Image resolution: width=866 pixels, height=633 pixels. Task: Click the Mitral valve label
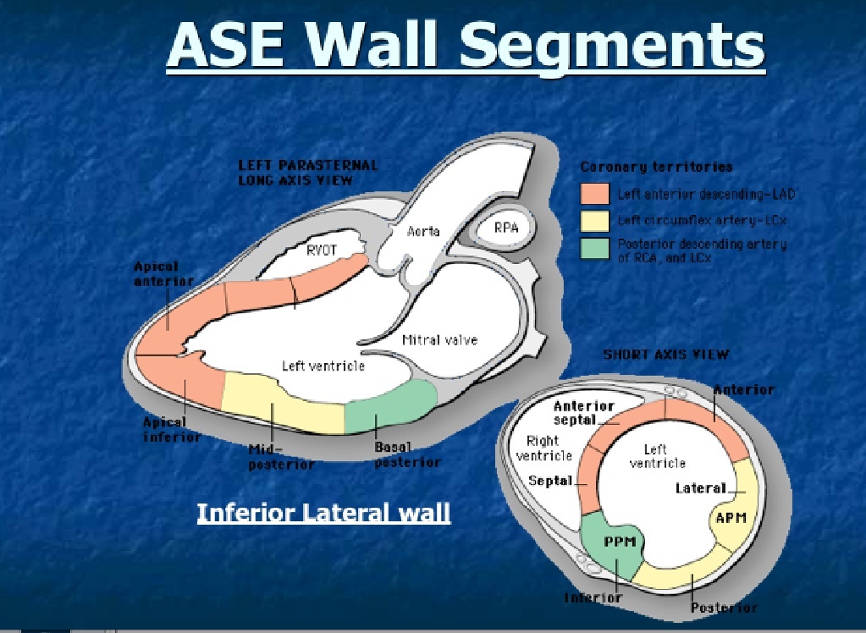click(x=439, y=339)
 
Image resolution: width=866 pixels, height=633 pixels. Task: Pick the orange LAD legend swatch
click(x=593, y=194)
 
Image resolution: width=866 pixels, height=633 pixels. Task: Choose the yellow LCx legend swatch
click(x=593, y=222)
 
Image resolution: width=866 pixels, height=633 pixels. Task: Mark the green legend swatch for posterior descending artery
click(x=593, y=250)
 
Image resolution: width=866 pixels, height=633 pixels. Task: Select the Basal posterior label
click(x=407, y=454)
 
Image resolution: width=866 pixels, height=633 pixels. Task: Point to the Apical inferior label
click(x=172, y=428)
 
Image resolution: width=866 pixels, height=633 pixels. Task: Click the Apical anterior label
click(x=163, y=273)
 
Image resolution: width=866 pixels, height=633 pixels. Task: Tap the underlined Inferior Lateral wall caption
click(x=323, y=513)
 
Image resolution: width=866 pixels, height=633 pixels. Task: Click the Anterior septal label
click(x=583, y=412)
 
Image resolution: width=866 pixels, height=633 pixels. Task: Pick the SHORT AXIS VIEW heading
click(x=665, y=355)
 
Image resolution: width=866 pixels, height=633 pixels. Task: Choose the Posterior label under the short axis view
click(x=724, y=608)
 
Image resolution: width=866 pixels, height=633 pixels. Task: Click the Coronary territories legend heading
click(x=656, y=167)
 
